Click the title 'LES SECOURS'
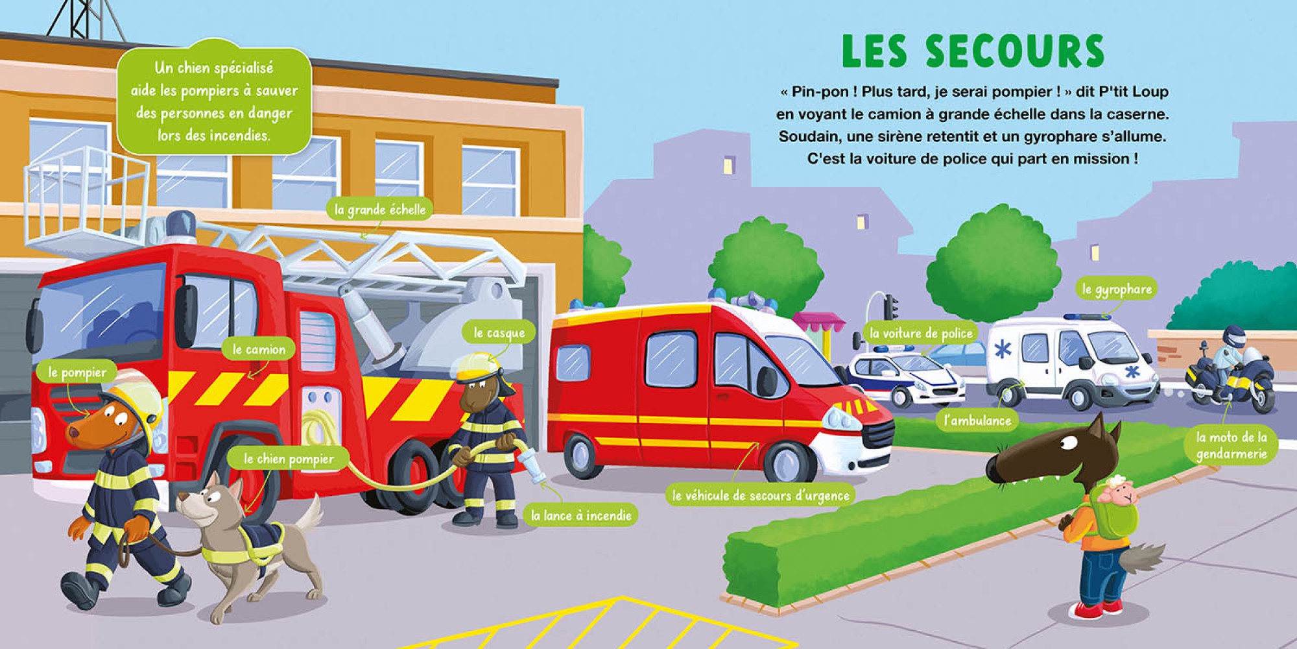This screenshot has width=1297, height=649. click(x=973, y=51)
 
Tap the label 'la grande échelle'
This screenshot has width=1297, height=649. click(x=381, y=209)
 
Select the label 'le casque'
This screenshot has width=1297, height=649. click(x=499, y=333)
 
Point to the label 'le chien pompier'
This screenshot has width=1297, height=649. click(x=289, y=459)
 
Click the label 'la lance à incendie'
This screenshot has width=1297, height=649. click(x=581, y=516)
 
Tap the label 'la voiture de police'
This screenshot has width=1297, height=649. click(x=922, y=334)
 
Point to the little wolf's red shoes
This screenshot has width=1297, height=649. click(x=1098, y=609)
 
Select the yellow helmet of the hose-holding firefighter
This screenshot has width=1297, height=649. click(x=479, y=368)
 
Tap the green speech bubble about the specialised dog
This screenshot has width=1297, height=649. click(x=214, y=101)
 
